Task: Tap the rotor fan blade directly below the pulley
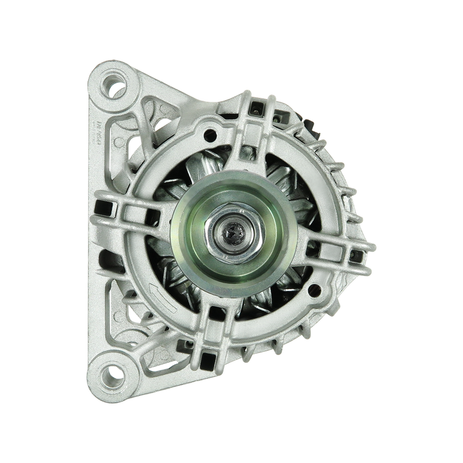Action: tap(243, 292)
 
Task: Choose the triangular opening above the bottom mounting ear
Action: tap(124, 315)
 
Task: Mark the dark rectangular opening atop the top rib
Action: tap(253, 105)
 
